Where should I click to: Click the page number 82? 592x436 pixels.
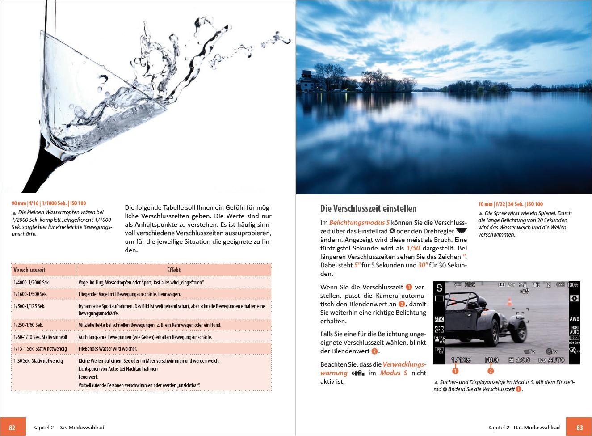[12, 428]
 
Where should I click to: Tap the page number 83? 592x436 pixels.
[579, 428]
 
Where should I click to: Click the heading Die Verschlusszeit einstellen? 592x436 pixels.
[368, 208]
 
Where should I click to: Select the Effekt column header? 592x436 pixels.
[174, 270]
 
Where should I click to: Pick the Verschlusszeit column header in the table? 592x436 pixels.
[29, 270]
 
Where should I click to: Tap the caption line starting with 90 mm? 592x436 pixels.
[49, 203]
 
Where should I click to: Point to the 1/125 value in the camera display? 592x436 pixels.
[461, 360]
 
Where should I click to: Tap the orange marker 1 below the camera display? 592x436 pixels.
[455, 371]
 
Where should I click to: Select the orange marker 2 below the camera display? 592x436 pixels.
[491, 371]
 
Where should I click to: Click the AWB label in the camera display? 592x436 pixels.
[574, 319]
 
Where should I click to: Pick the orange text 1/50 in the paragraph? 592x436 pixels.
[413, 248]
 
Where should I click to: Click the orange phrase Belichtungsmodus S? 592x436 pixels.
[359, 223]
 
